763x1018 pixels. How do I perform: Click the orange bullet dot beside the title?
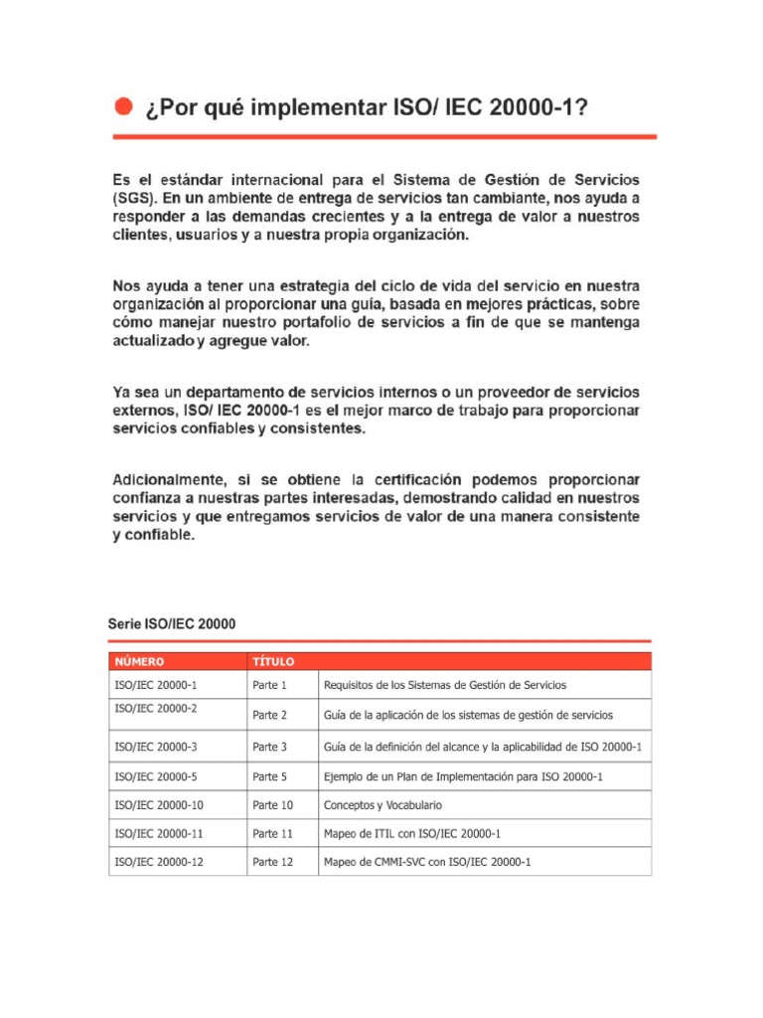pos(123,106)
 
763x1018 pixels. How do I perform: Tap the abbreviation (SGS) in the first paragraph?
pos(132,198)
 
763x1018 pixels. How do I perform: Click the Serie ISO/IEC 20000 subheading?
pos(172,624)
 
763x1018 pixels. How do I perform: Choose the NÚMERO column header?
pos(140,661)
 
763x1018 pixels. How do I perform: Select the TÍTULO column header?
pos(273,661)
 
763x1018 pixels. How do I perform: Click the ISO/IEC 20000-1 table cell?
pos(156,685)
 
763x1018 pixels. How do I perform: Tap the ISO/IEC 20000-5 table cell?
pos(156,775)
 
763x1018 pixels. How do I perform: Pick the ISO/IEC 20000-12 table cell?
pos(159,862)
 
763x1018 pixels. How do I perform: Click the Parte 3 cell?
pos(269,747)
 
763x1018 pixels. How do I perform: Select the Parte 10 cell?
pos(272,805)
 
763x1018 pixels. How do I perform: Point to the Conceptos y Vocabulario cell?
pos(382,805)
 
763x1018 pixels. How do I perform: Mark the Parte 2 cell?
pos(269,715)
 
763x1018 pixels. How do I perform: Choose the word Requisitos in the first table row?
pos(349,685)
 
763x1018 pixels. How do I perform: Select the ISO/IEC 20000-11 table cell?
pos(159,833)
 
